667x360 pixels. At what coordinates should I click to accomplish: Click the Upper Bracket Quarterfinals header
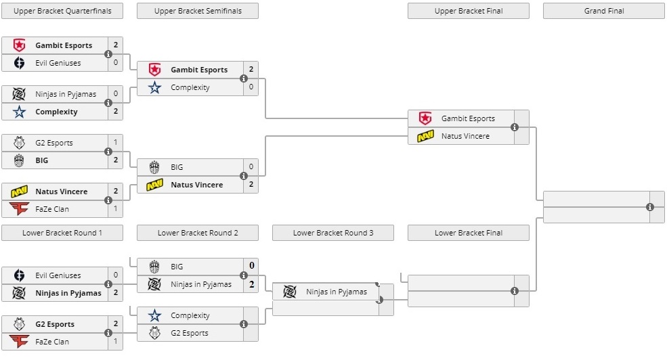click(x=62, y=11)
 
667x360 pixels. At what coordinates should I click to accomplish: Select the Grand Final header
click(x=603, y=11)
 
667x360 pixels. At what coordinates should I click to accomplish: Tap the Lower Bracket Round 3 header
click(x=332, y=233)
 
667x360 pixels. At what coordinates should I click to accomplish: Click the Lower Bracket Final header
click(x=468, y=233)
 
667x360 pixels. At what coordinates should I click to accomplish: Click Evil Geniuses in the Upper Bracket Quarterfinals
click(x=58, y=63)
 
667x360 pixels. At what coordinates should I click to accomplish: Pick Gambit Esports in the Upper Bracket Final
click(x=468, y=118)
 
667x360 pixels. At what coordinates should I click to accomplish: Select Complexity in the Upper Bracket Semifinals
click(x=190, y=87)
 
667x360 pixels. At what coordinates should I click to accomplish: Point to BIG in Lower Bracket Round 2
click(x=177, y=267)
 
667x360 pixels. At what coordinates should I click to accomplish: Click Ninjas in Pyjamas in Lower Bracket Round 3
click(x=337, y=292)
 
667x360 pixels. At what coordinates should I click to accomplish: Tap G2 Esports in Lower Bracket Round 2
click(x=190, y=333)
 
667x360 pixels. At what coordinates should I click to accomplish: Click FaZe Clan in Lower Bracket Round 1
click(x=52, y=342)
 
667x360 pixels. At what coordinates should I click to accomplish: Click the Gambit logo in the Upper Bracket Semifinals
click(x=154, y=70)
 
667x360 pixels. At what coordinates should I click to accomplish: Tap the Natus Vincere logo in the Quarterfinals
click(x=19, y=192)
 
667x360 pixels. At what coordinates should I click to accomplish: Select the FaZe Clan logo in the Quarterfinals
click(x=19, y=209)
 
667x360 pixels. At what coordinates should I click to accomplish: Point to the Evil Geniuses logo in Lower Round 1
click(x=19, y=275)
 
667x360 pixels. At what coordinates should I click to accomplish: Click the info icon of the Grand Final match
click(x=650, y=207)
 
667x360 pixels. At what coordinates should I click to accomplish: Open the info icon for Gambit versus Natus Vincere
click(x=515, y=127)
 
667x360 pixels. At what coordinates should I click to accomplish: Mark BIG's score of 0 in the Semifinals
click(x=251, y=167)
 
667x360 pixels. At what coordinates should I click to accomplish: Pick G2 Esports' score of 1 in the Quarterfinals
click(x=116, y=143)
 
